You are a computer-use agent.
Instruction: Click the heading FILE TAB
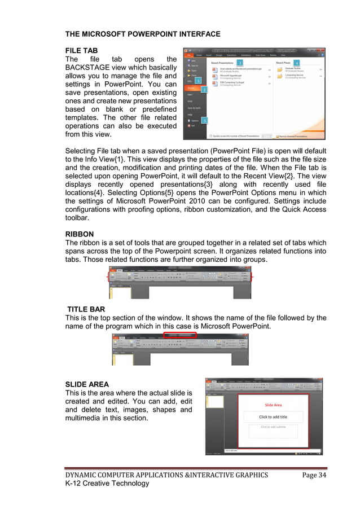pyautogui.click(x=82, y=50)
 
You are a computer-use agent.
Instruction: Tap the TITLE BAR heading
pyautogui.click(x=90, y=309)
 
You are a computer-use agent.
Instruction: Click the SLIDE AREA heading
pyautogui.click(x=87, y=384)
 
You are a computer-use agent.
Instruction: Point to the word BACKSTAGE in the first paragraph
pyautogui.click(x=93, y=68)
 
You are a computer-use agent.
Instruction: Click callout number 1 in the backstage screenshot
pyautogui.click(x=199, y=81)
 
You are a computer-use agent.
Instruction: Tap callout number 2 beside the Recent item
pyautogui.click(x=204, y=90)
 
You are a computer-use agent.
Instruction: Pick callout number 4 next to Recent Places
pyautogui.click(x=296, y=62)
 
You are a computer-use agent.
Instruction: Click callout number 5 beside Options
pyautogui.click(x=204, y=120)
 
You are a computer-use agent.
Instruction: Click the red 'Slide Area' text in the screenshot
pyautogui.click(x=273, y=405)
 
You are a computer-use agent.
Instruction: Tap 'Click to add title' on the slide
pyautogui.click(x=273, y=417)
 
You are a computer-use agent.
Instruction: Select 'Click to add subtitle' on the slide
pyautogui.click(x=273, y=427)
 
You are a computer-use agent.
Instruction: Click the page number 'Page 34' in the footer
pyautogui.click(x=314, y=475)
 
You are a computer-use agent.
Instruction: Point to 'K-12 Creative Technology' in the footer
pyautogui.click(x=107, y=483)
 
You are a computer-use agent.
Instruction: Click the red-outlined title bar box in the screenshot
pyautogui.click(x=179, y=335)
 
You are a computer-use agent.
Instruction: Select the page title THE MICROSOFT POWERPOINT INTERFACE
pyautogui.click(x=143, y=34)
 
